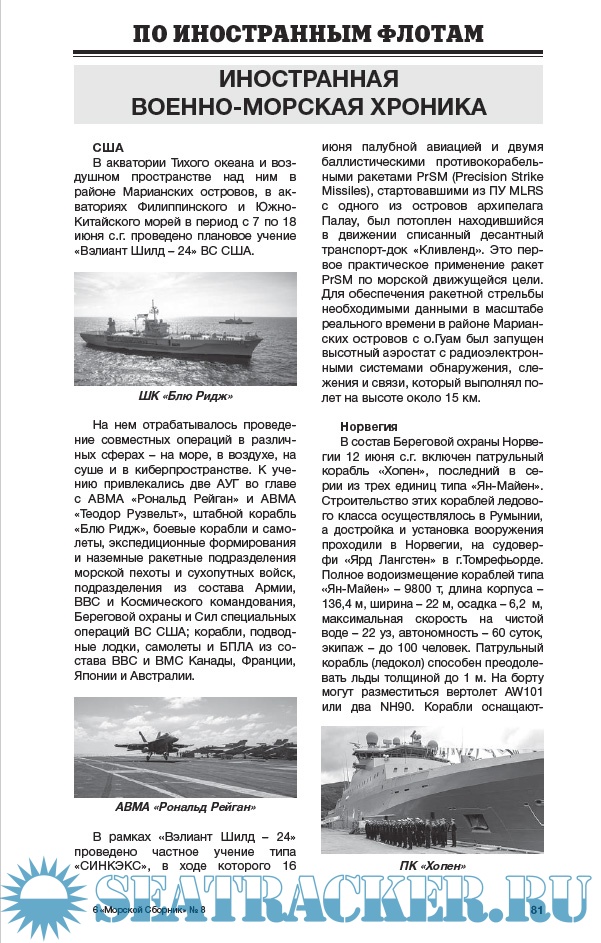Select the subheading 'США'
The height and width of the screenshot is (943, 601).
(x=107, y=147)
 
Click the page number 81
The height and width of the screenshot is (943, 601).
(x=536, y=910)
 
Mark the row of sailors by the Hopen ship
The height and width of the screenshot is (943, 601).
(x=405, y=831)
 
